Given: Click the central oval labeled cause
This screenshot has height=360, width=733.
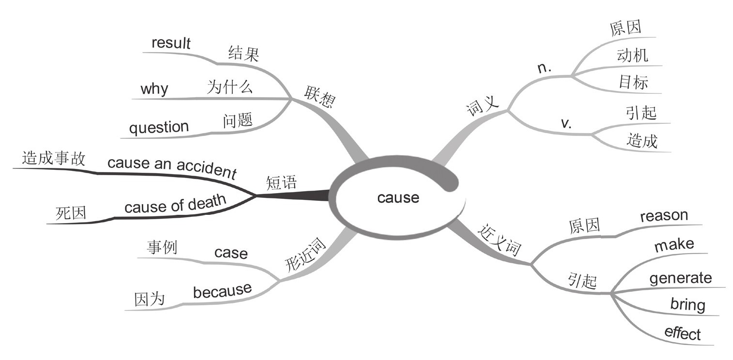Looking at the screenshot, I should pos(398,198).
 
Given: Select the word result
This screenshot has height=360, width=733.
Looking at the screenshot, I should pos(171,43).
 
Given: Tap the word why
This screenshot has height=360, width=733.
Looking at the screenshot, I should pos(154,89).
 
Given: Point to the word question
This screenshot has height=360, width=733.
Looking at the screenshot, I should pos(159,127).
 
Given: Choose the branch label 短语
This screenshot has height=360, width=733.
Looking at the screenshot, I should pos(281,183).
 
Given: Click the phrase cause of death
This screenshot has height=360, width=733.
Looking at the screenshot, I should pos(175,204).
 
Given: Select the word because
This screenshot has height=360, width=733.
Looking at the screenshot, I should pos(222,290).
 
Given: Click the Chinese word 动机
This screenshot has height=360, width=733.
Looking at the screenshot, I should pos(632,55).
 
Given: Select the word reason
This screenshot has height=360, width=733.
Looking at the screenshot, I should pos(664,216).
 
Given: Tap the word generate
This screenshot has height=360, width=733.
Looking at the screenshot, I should pos(680,278).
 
